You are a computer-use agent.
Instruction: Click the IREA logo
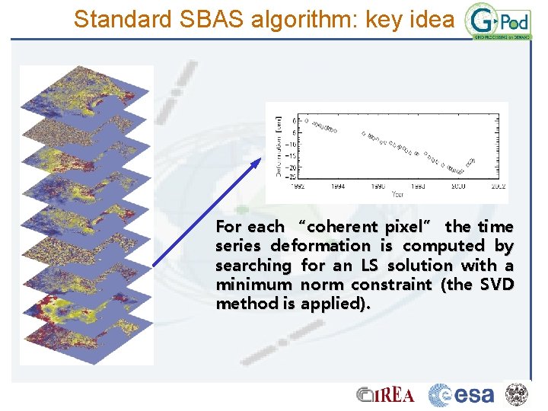tap(386, 394)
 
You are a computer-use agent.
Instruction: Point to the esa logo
tap(461, 395)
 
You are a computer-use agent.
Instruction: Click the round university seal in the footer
tap(518, 394)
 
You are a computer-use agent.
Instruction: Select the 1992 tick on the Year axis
tap(298, 185)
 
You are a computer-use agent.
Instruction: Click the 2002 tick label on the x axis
tap(498, 185)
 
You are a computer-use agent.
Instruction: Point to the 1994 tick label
tap(338, 185)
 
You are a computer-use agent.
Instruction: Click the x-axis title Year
tap(398, 194)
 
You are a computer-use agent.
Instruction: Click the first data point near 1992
tap(306, 120)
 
